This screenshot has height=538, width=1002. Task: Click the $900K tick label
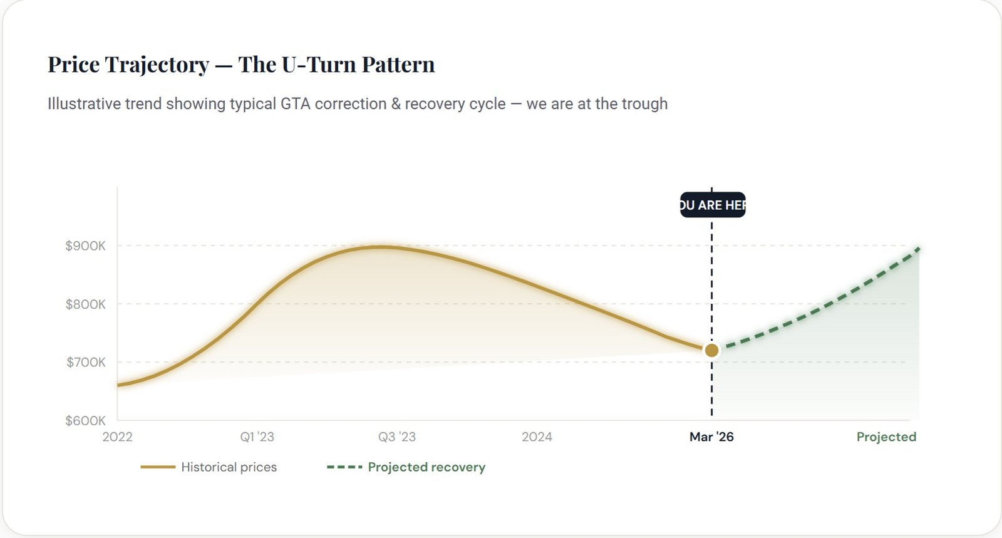(85, 246)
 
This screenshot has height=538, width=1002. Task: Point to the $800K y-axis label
(85, 304)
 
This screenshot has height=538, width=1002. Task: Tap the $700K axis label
(86, 362)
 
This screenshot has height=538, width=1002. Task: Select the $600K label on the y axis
(85, 420)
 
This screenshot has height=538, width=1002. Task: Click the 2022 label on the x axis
(117, 437)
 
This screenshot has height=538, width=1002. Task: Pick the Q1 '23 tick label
(257, 437)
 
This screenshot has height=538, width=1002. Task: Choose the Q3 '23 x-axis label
(396, 437)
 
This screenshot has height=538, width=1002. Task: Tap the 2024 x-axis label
(537, 437)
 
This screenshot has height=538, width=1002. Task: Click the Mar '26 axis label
(711, 437)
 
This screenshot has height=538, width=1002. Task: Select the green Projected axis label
(886, 437)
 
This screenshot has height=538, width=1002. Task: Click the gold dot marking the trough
(711, 350)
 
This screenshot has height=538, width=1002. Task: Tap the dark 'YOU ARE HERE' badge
(713, 205)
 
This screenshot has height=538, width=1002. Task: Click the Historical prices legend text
(229, 467)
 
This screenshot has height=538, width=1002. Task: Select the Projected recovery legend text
(426, 467)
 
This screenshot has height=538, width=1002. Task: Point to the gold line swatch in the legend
(158, 467)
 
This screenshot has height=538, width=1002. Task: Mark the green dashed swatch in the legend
(344, 467)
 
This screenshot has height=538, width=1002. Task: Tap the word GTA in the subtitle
(295, 104)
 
